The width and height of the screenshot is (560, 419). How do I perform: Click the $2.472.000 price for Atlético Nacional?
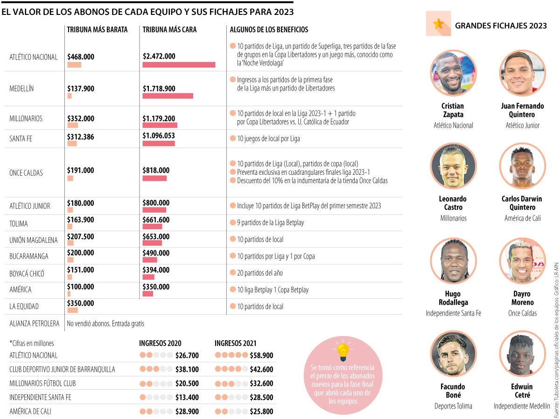[159, 56]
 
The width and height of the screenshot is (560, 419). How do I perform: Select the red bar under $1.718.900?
[168, 96]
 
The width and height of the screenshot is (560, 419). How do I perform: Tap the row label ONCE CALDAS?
[26, 173]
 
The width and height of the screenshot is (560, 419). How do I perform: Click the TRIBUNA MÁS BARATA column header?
[97, 29]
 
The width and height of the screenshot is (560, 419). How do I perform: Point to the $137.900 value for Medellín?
[80, 88]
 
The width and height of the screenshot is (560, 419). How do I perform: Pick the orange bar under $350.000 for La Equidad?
[72, 310]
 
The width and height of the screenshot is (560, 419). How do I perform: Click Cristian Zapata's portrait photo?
[452, 73]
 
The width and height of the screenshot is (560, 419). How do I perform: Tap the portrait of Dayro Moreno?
[522, 261]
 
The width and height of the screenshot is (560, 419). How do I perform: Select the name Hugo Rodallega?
[453, 298]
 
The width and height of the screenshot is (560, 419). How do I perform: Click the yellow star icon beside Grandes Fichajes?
[438, 24]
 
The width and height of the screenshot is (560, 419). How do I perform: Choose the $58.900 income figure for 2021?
[261, 356]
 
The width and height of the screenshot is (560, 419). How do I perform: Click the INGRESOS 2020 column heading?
[160, 343]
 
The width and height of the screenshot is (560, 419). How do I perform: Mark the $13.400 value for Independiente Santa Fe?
[187, 398]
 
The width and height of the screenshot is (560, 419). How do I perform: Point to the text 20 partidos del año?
[260, 273]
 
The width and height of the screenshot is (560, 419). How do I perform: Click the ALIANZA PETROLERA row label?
[35, 323]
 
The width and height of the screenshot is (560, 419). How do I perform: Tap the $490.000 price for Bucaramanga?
[156, 253]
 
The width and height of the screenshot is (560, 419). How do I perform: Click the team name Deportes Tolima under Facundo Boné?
[453, 406]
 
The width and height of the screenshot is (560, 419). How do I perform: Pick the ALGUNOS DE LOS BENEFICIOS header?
[269, 29]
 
